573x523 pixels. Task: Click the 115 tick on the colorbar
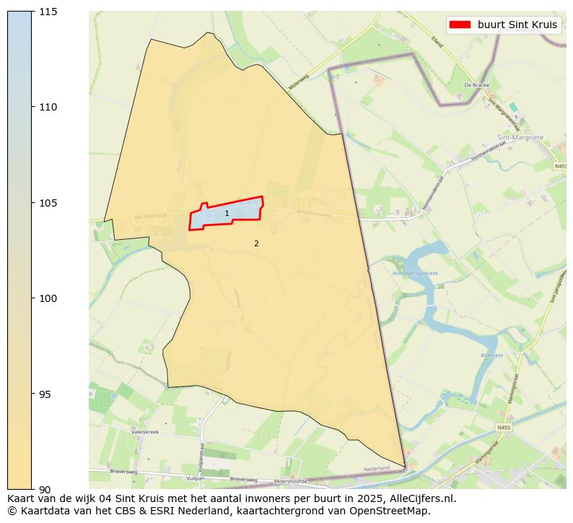point(48,12)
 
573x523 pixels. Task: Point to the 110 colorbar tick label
point(48,107)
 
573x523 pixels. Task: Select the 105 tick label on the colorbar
point(48,203)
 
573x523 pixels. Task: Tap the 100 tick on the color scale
point(48,298)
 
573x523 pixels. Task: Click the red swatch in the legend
point(459,25)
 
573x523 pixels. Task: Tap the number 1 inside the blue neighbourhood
point(227,214)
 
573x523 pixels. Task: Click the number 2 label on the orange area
point(256,243)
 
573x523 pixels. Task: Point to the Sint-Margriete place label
point(520,137)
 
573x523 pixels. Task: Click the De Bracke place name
point(477,85)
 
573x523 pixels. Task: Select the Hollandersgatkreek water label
point(415,273)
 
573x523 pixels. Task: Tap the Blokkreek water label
point(491,355)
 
